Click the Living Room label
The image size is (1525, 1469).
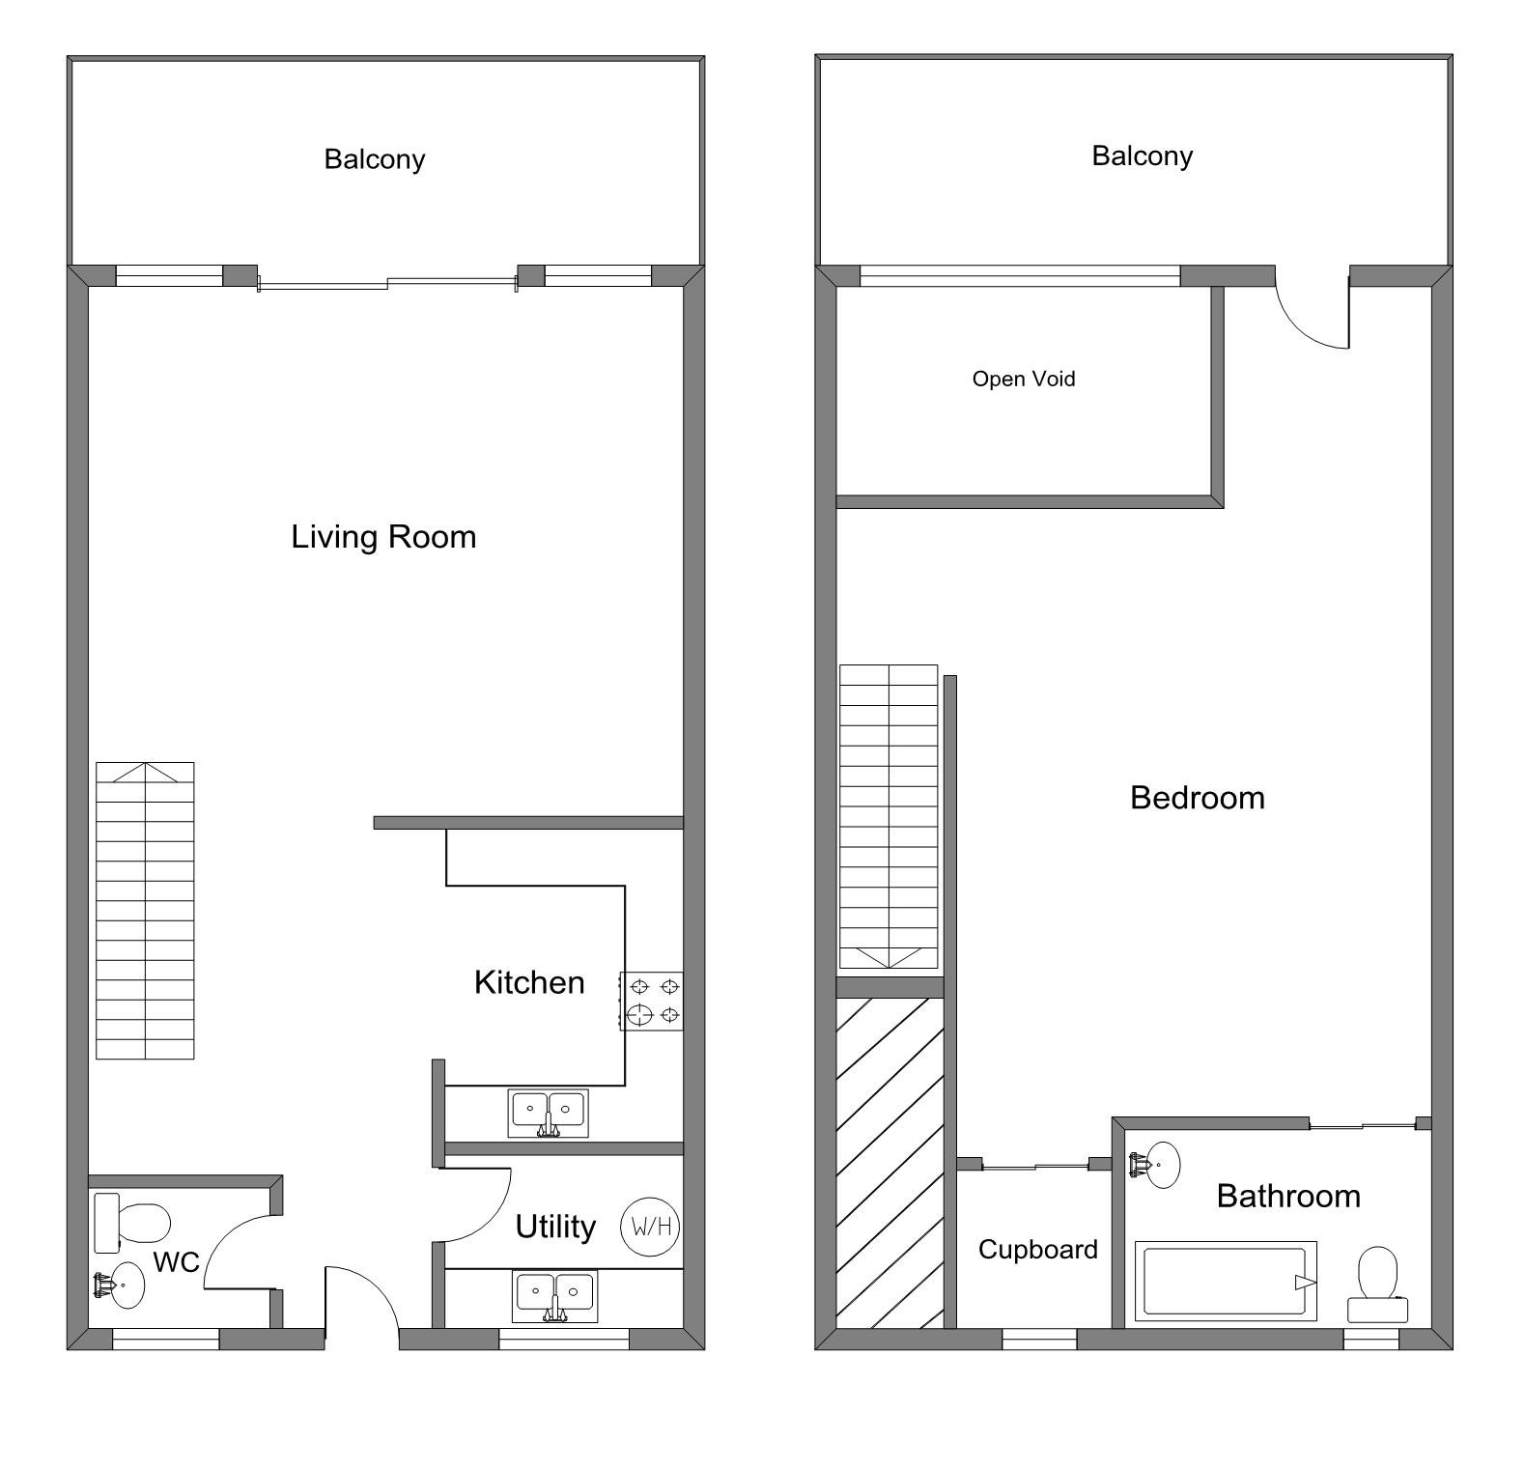(383, 537)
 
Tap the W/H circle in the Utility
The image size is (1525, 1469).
(651, 1227)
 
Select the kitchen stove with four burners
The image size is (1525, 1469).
(652, 1001)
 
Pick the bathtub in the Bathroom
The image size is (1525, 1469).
(1226, 1282)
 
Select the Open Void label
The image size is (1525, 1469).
(1023, 379)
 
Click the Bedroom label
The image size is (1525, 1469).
(1197, 798)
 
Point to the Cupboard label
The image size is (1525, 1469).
(1037, 1250)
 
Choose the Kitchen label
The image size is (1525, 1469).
(529, 983)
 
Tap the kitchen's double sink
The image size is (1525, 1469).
(548, 1113)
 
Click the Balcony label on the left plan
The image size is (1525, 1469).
(374, 159)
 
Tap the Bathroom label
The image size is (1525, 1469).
(1288, 1197)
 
